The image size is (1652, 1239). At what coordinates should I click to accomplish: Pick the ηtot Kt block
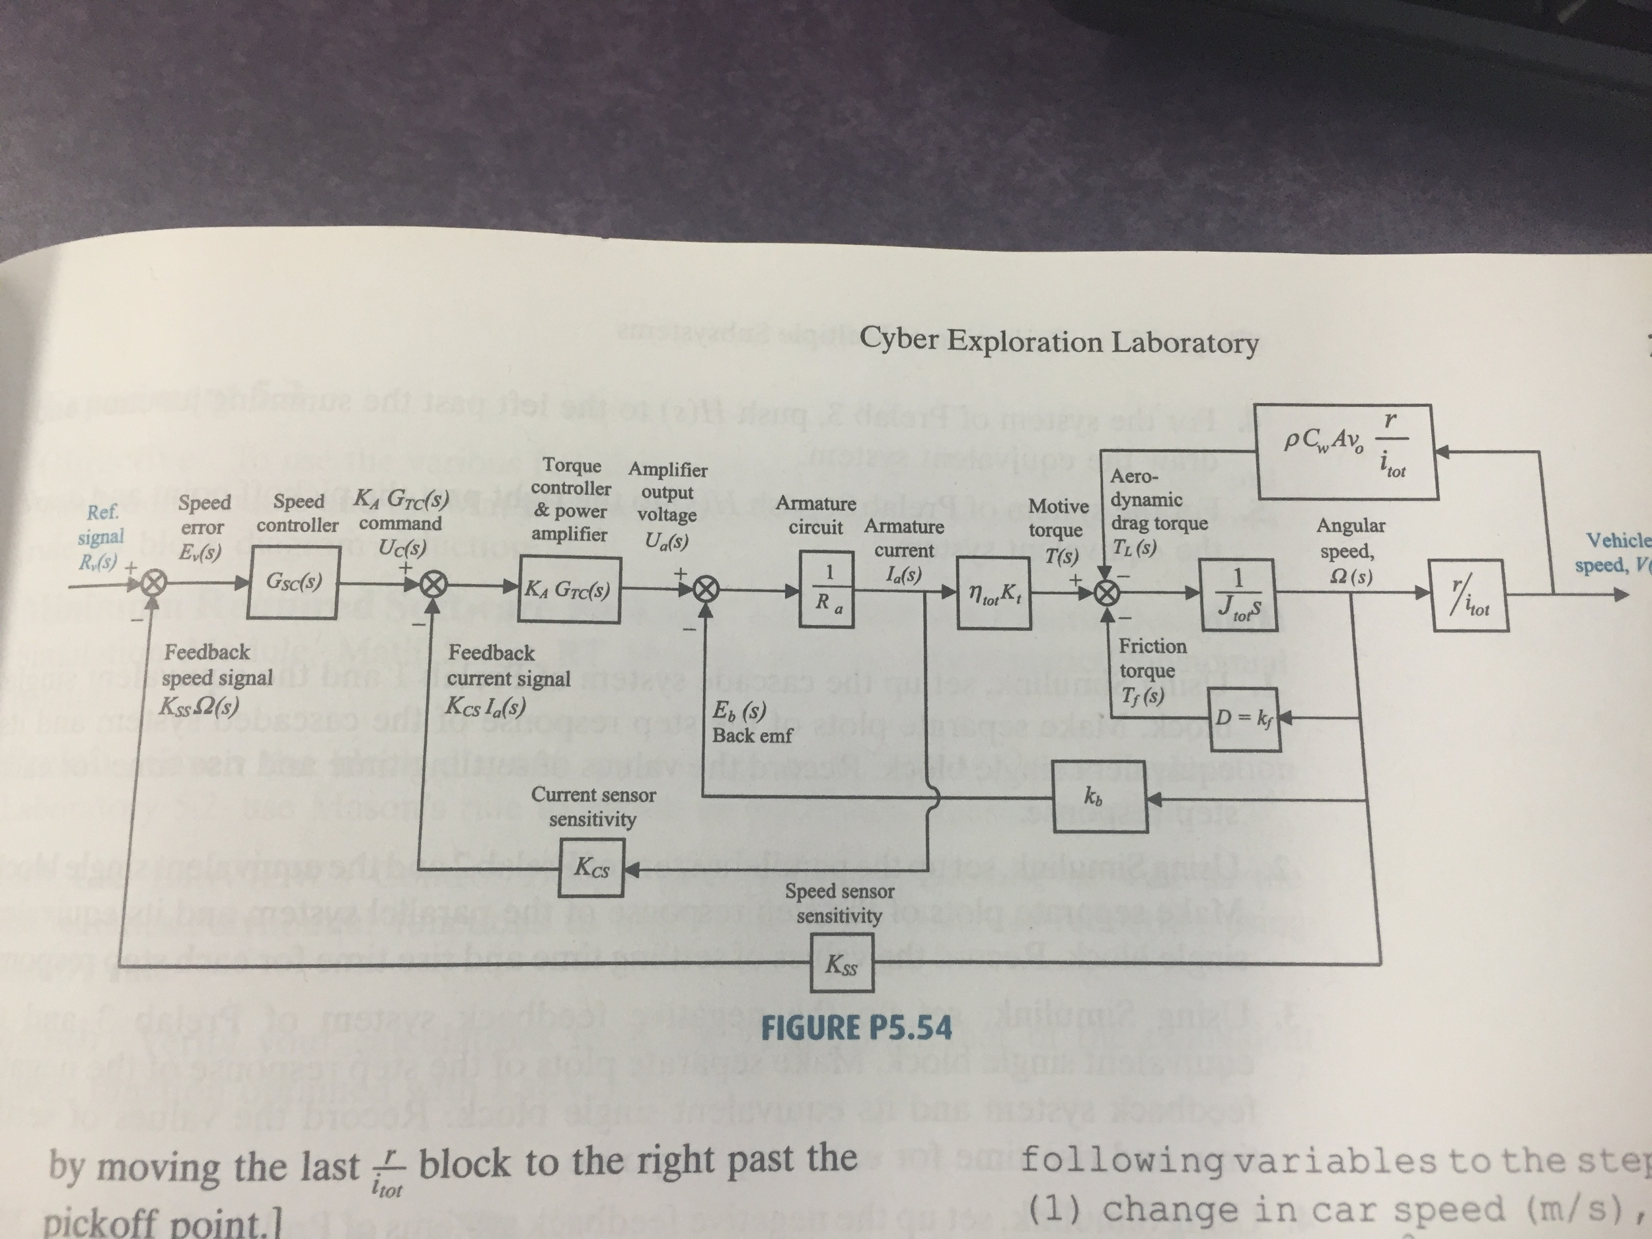pos(994,595)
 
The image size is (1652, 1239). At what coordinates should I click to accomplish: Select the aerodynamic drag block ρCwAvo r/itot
pos(1347,453)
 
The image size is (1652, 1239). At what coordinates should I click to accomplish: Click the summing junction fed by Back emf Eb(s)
pos(704,589)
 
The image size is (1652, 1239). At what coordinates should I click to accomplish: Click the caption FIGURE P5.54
pos(856,1028)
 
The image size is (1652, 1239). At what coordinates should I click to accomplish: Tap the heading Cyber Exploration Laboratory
pos(1058,342)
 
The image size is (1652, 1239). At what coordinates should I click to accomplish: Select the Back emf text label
pos(751,735)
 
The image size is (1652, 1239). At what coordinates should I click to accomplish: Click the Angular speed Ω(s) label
pos(1349,550)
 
